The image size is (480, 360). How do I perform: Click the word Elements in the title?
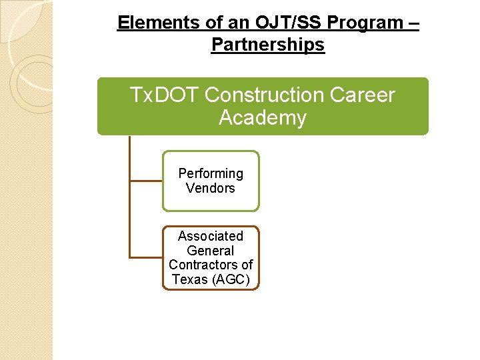(149, 23)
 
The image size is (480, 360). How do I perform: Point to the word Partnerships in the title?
(268, 45)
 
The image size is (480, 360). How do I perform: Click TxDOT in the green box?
(165, 95)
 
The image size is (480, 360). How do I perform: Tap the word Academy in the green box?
(263, 118)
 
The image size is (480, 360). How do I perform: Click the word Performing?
(211, 173)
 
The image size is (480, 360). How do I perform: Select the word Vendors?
(211, 188)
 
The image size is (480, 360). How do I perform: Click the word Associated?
(211, 236)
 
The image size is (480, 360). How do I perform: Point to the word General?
(211, 251)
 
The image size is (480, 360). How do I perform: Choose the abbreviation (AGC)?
(230, 280)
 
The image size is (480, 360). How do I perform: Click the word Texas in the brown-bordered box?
(189, 280)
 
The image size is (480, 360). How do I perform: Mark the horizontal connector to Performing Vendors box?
(145, 180)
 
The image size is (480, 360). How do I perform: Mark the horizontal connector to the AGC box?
(145, 257)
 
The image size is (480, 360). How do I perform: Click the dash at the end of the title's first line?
(414, 23)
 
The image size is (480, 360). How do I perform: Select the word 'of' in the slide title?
(196, 23)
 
